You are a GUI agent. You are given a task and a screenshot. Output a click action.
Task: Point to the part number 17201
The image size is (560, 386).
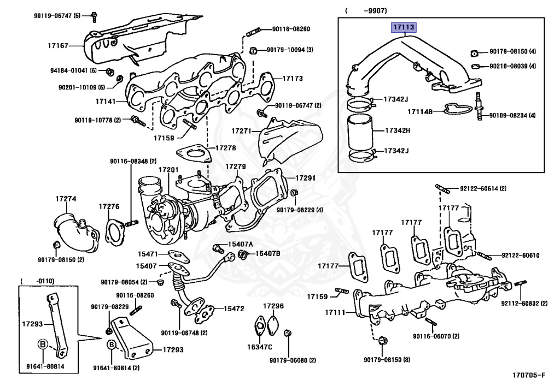pos(168,170)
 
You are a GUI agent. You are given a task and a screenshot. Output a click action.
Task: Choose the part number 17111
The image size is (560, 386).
pos(336,313)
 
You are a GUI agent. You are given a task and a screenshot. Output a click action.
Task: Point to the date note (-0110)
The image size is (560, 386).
pos(37,281)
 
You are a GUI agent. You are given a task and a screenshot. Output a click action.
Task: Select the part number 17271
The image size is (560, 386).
pos(241,131)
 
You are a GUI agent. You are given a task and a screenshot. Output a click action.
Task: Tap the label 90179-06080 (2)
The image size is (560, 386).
pos(293,360)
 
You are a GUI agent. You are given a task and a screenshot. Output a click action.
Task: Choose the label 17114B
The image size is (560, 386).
pos(419,112)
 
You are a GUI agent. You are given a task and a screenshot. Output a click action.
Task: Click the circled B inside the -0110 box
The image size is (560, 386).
pos(42,344)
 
